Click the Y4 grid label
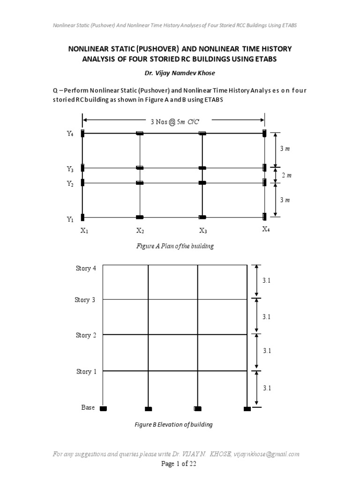(70, 134)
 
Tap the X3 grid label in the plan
(203, 230)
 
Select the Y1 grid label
(70, 219)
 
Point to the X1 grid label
(84, 230)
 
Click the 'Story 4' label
(86, 269)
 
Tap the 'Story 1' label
(86, 372)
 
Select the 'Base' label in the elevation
(88, 408)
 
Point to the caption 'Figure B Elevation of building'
(173, 425)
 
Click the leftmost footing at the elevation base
(103, 409)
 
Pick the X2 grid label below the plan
(140, 230)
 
